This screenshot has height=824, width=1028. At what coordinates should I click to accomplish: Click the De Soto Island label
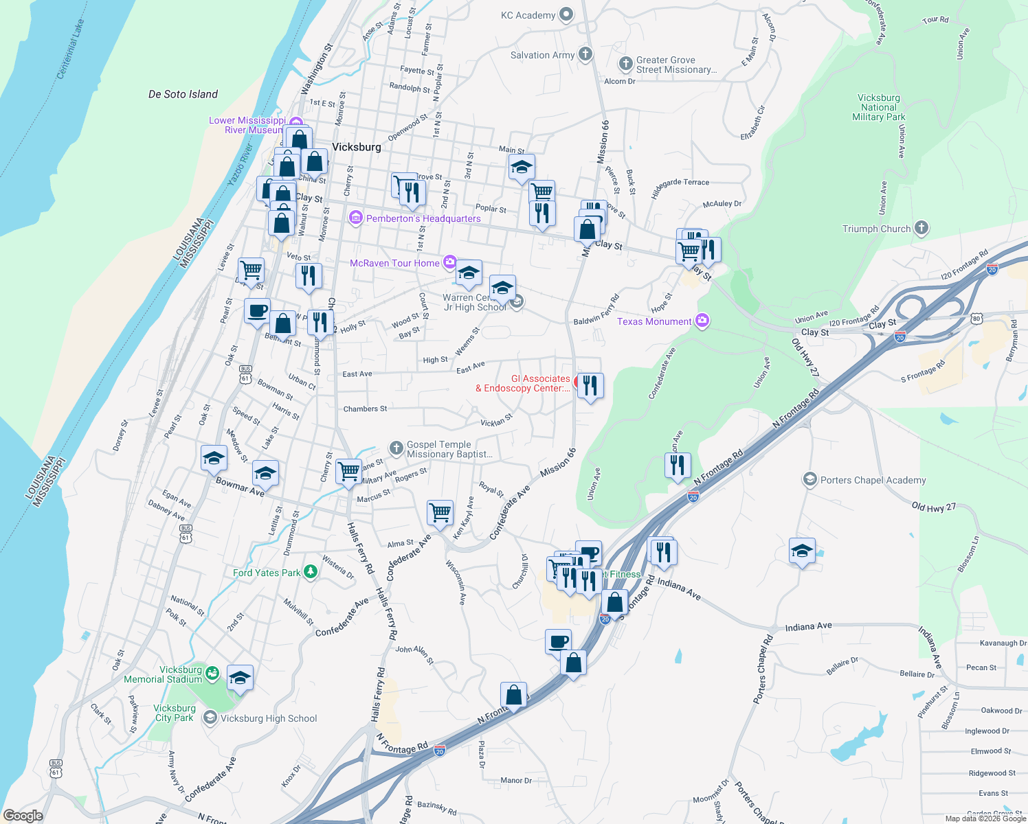tap(183, 94)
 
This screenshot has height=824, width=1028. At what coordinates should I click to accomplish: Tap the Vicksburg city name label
tap(356, 147)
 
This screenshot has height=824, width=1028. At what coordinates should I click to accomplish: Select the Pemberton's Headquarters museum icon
tap(355, 218)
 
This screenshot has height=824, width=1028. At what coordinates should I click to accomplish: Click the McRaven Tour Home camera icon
tap(449, 262)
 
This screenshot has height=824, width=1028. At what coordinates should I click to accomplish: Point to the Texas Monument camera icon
tap(702, 321)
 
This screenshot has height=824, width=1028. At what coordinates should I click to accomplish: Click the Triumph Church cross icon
tap(921, 228)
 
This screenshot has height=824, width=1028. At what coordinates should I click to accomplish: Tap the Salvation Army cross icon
tap(585, 54)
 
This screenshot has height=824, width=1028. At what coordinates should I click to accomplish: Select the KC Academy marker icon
tap(566, 14)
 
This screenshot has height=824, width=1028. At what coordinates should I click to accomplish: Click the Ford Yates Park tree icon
tap(311, 572)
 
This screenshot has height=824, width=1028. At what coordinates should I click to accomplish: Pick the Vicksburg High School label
tap(269, 718)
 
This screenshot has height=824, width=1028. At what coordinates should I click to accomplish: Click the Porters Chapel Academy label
tap(873, 480)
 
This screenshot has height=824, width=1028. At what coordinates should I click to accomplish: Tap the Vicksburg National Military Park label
tap(879, 107)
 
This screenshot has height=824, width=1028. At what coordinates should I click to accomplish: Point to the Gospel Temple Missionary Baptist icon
tap(396, 448)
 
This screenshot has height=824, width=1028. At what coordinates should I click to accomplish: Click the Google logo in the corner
tap(23, 816)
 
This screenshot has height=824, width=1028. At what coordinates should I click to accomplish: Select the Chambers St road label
tap(365, 409)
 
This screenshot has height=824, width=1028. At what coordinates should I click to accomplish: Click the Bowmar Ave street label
tap(240, 487)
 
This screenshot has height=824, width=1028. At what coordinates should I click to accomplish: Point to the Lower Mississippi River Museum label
tap(247, 125)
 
